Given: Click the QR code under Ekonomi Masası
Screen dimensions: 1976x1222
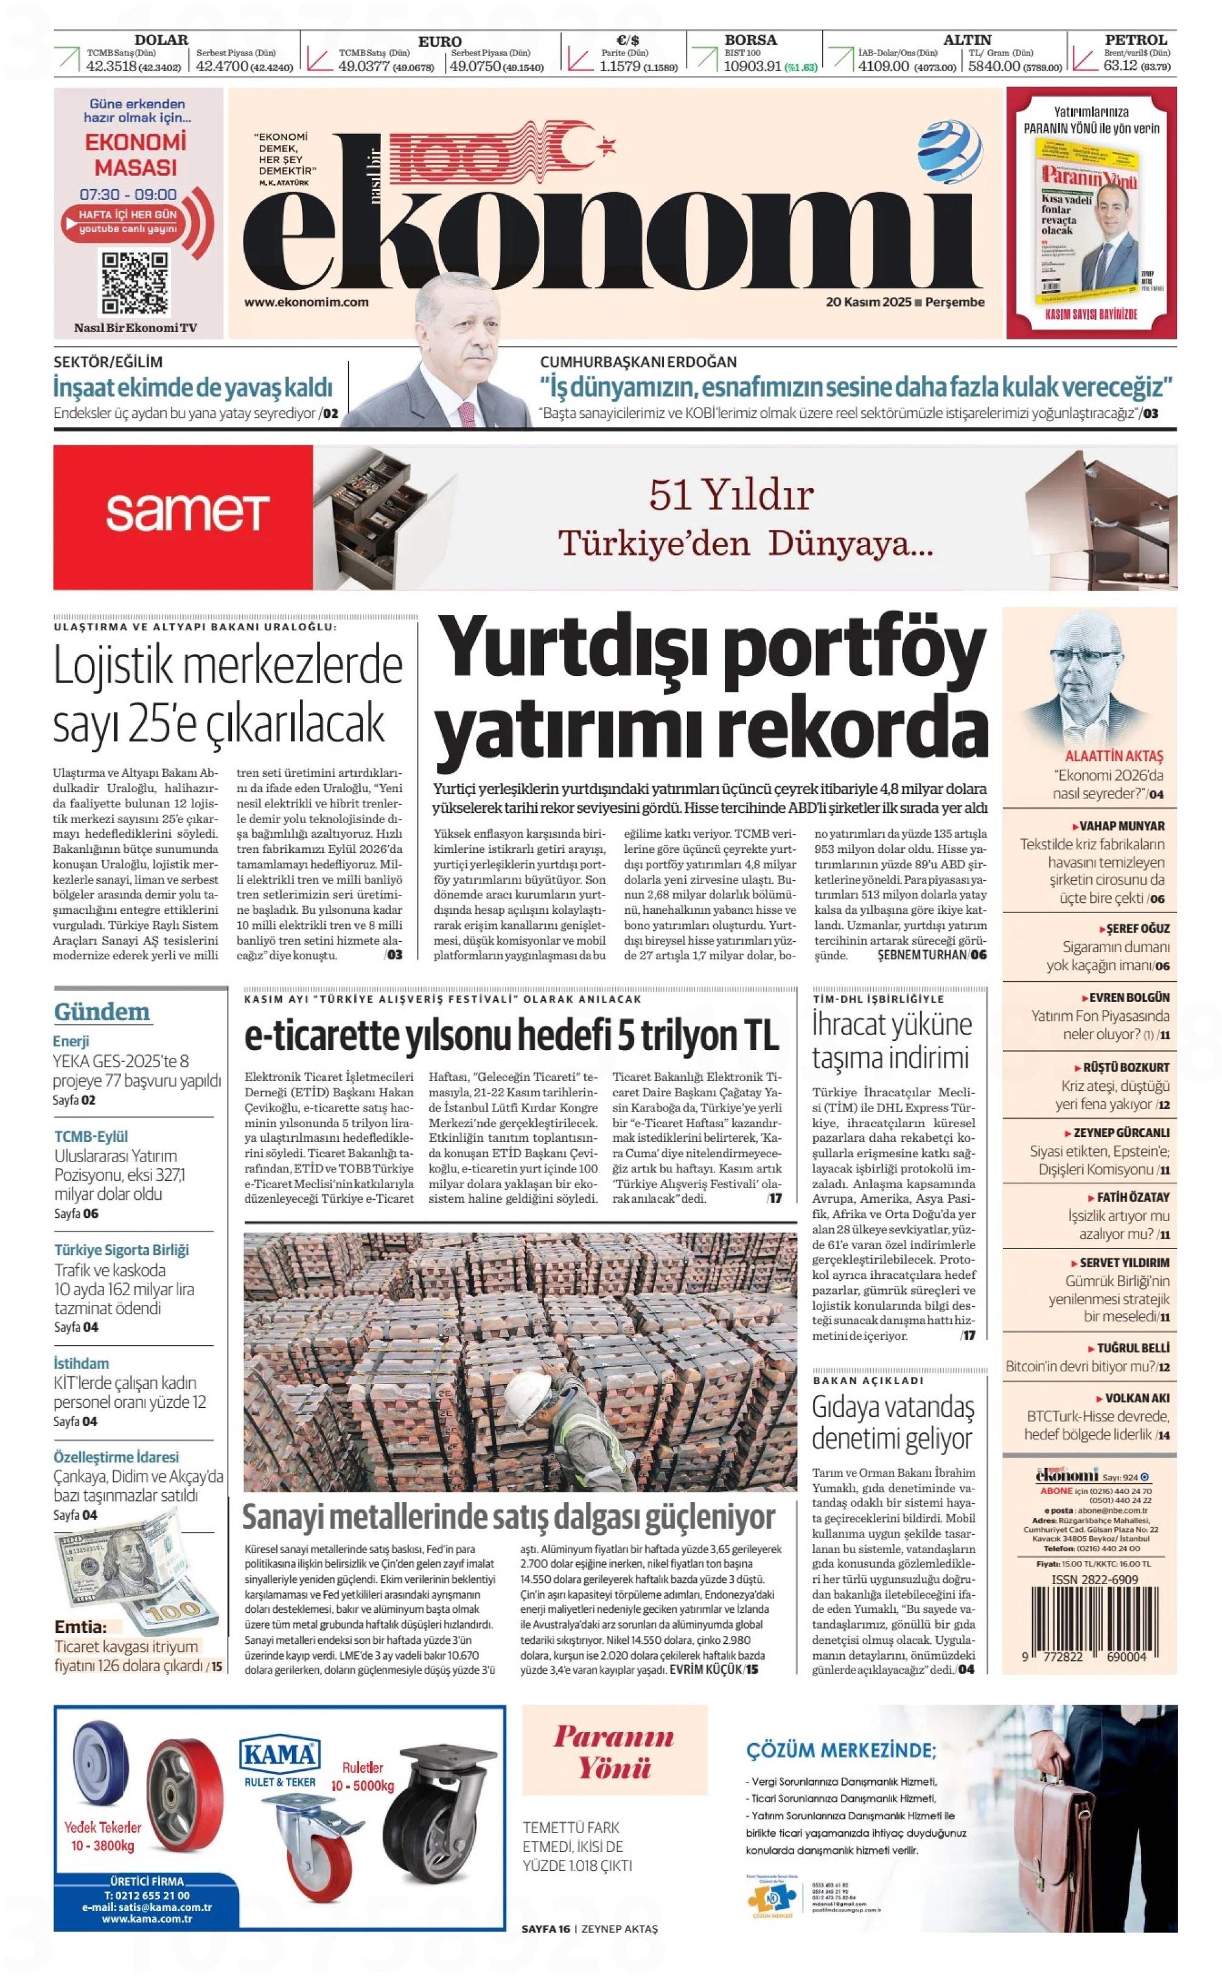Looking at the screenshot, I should tap(135, 283).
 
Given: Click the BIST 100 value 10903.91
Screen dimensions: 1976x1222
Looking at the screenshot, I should tap(752, 67).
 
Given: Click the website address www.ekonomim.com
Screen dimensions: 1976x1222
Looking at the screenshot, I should tap(306, 302).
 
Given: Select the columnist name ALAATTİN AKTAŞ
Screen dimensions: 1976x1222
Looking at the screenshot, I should tap(1114, 757).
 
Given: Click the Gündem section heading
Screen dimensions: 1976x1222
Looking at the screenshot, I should tap(102, 1012).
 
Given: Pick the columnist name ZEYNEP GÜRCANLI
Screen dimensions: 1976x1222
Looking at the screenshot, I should tap(1121, 1133).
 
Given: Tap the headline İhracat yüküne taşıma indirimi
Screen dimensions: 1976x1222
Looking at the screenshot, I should tap(892, 1042).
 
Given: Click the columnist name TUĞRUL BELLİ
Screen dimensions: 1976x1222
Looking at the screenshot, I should tap(1133, 1348).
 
